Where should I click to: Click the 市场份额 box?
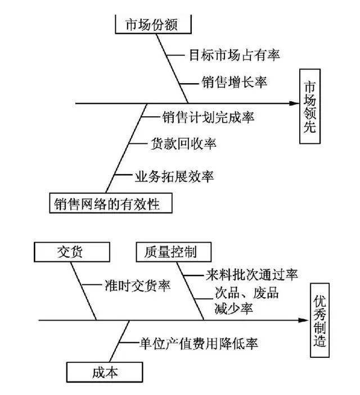click(152, 24)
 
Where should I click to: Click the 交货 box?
click(70, 252)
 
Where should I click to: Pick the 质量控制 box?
click(166, 252)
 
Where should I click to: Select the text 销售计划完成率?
click(208, 117)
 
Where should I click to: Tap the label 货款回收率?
click(183, 144)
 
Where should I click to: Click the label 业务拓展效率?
click(174, 176)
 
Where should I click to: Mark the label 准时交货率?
click(137, 285)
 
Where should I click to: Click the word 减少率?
click(233, 308)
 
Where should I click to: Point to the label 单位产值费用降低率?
click(191, 343)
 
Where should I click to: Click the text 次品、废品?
click(246, 293)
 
